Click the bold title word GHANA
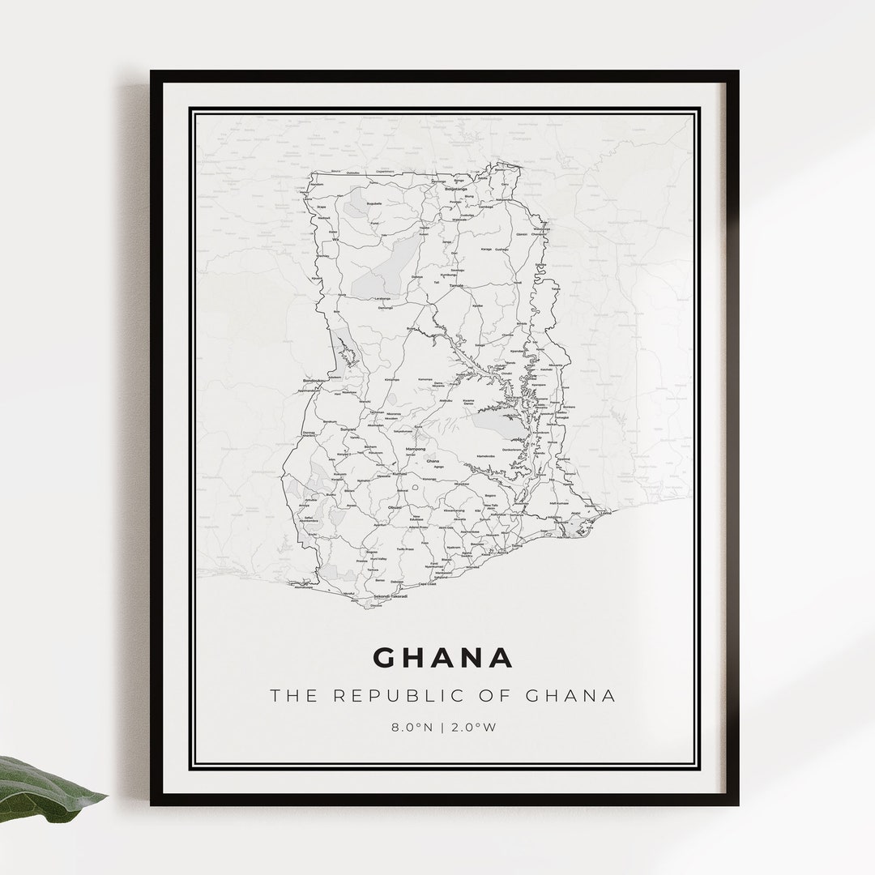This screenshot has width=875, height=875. (x=443, y=657)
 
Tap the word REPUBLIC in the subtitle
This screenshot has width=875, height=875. (x=384, y=695)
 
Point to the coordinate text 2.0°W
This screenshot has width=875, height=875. (x=477, y=727)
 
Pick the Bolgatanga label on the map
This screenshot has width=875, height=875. (x=456, y=189)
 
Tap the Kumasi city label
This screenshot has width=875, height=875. (x=399, y=473)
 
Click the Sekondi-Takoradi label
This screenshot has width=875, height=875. (x=390, y=596)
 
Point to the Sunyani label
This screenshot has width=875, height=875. (x=348, y=429)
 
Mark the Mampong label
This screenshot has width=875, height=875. (x=415, y=448)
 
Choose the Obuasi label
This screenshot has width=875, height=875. (x=395, y=507)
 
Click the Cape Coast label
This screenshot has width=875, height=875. (x=427, y=583)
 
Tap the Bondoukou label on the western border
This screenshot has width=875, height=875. (x=313, y=380)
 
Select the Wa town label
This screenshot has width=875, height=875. (x=334, y=240)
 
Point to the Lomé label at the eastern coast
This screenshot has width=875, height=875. (x=604, y=512)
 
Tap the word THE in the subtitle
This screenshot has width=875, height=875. (x=288, y=695)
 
